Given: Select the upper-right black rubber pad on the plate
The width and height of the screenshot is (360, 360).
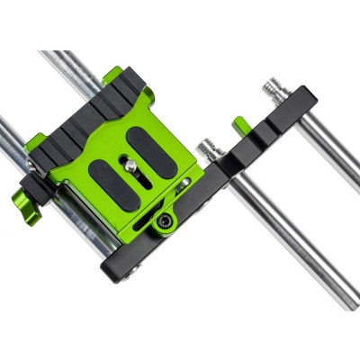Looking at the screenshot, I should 141,144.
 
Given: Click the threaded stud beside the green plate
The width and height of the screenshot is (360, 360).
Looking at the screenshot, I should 211,147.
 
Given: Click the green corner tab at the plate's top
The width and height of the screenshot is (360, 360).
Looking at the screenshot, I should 113,77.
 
